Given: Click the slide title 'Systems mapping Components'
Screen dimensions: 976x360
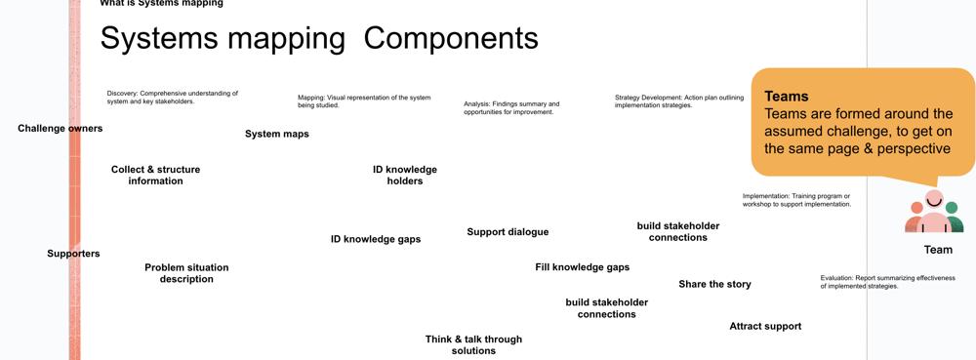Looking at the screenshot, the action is point(319,39).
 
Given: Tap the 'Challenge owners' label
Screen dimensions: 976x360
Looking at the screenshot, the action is point(60,129).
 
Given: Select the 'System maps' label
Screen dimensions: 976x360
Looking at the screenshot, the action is point(277,134).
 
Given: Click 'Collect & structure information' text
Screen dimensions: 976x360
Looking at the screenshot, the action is point(155,176).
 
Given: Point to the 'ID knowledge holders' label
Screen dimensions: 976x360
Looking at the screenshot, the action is point(405,176).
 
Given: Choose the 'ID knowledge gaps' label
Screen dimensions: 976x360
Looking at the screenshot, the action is point(376,239).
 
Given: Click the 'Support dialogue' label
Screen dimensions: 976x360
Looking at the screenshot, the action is point(508,232).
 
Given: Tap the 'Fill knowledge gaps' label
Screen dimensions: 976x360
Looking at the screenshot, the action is point(582,267).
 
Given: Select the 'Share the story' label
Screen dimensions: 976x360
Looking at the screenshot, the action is point(714,284).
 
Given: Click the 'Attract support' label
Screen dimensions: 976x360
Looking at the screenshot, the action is point(765,326).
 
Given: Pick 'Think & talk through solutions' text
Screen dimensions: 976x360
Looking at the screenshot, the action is point(473,345).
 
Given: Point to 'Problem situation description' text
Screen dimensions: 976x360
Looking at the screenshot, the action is point(186,273).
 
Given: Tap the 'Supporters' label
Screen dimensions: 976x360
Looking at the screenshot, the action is point(73,254).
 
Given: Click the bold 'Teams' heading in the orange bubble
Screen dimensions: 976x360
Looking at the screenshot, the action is point(786,97).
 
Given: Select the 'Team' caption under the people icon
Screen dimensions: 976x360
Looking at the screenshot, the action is point(938,250).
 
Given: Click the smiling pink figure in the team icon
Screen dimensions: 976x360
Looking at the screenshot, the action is point(934,214).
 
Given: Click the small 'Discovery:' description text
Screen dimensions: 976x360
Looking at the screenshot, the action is point(173,97).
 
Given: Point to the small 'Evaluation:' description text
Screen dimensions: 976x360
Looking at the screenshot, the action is point(887,282).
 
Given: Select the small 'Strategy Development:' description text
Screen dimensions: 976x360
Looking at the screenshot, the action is point(679,101).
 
